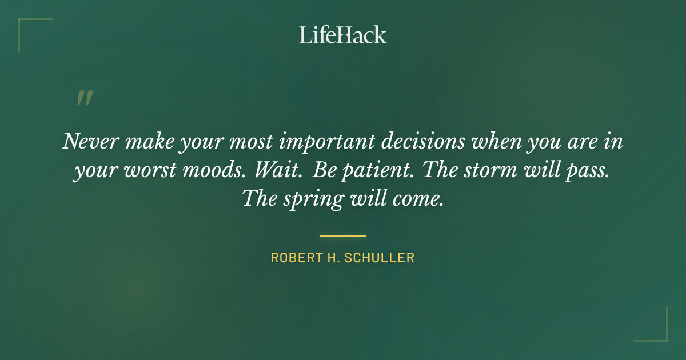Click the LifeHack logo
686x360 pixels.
tap(342, 35)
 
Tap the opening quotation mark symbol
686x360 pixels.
tap(84, 98)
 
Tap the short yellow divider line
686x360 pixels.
tap(342, 235)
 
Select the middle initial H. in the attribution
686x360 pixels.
tap(336, 258)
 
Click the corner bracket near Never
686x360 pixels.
tap(29, 29)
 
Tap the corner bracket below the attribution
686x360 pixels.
tap(657, 331)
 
